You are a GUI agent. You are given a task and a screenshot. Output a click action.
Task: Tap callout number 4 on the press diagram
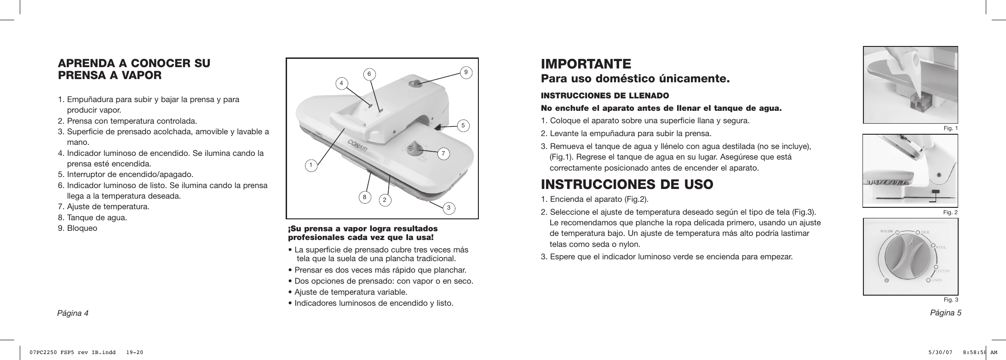(x=341, y=83)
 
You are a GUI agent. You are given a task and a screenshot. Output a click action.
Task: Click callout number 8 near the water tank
(x=364, y=197)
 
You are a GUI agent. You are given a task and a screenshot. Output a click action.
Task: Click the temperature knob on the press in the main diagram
(x=417, y=148)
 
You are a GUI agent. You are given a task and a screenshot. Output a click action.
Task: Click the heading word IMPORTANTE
(x=586, y=63)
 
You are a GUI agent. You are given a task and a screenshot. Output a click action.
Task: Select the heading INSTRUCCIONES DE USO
(x=627, y=184)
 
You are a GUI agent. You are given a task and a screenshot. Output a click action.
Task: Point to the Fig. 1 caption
(x=951, y=128)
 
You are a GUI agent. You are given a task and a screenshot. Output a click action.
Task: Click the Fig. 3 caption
(x=951, y=300)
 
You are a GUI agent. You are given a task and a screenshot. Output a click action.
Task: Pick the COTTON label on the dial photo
(x=942, y=271)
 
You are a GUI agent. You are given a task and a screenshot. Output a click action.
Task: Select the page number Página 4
(x=73, y=313)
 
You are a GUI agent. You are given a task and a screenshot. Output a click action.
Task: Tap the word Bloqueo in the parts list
(x=82, y=228)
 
